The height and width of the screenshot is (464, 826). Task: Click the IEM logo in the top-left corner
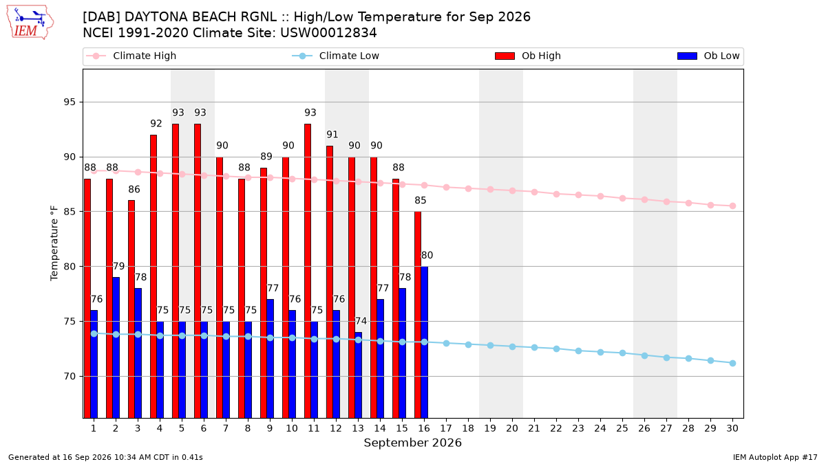coord(30,23)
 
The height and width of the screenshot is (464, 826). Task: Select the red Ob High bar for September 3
coord(131,309)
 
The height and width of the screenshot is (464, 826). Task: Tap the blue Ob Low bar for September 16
coord(425,342)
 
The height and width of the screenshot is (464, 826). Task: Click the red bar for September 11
coord(308,271)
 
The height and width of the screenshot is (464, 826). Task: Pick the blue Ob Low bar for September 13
coord(358,375)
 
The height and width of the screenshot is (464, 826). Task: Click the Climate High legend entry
coord(131,56)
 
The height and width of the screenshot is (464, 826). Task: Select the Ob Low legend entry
coord(708,56)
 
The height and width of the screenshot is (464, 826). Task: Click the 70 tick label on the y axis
coord(70,377)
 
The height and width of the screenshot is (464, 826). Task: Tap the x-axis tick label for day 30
coord(732,428)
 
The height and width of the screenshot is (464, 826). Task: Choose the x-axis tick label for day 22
coord(556,428)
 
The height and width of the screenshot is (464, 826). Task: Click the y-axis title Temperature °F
coord(54,243)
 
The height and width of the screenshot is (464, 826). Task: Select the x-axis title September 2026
coord(412,443)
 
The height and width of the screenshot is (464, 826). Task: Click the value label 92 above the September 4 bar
coord(156,123)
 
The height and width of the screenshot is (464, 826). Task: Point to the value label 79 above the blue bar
coord(118,266)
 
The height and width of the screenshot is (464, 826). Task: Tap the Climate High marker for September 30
coord(732,206)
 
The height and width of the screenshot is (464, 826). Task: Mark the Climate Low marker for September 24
coord(600,352)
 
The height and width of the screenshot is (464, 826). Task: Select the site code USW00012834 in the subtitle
coord(328,33)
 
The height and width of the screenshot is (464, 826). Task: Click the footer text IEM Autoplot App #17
coord(775,457)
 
